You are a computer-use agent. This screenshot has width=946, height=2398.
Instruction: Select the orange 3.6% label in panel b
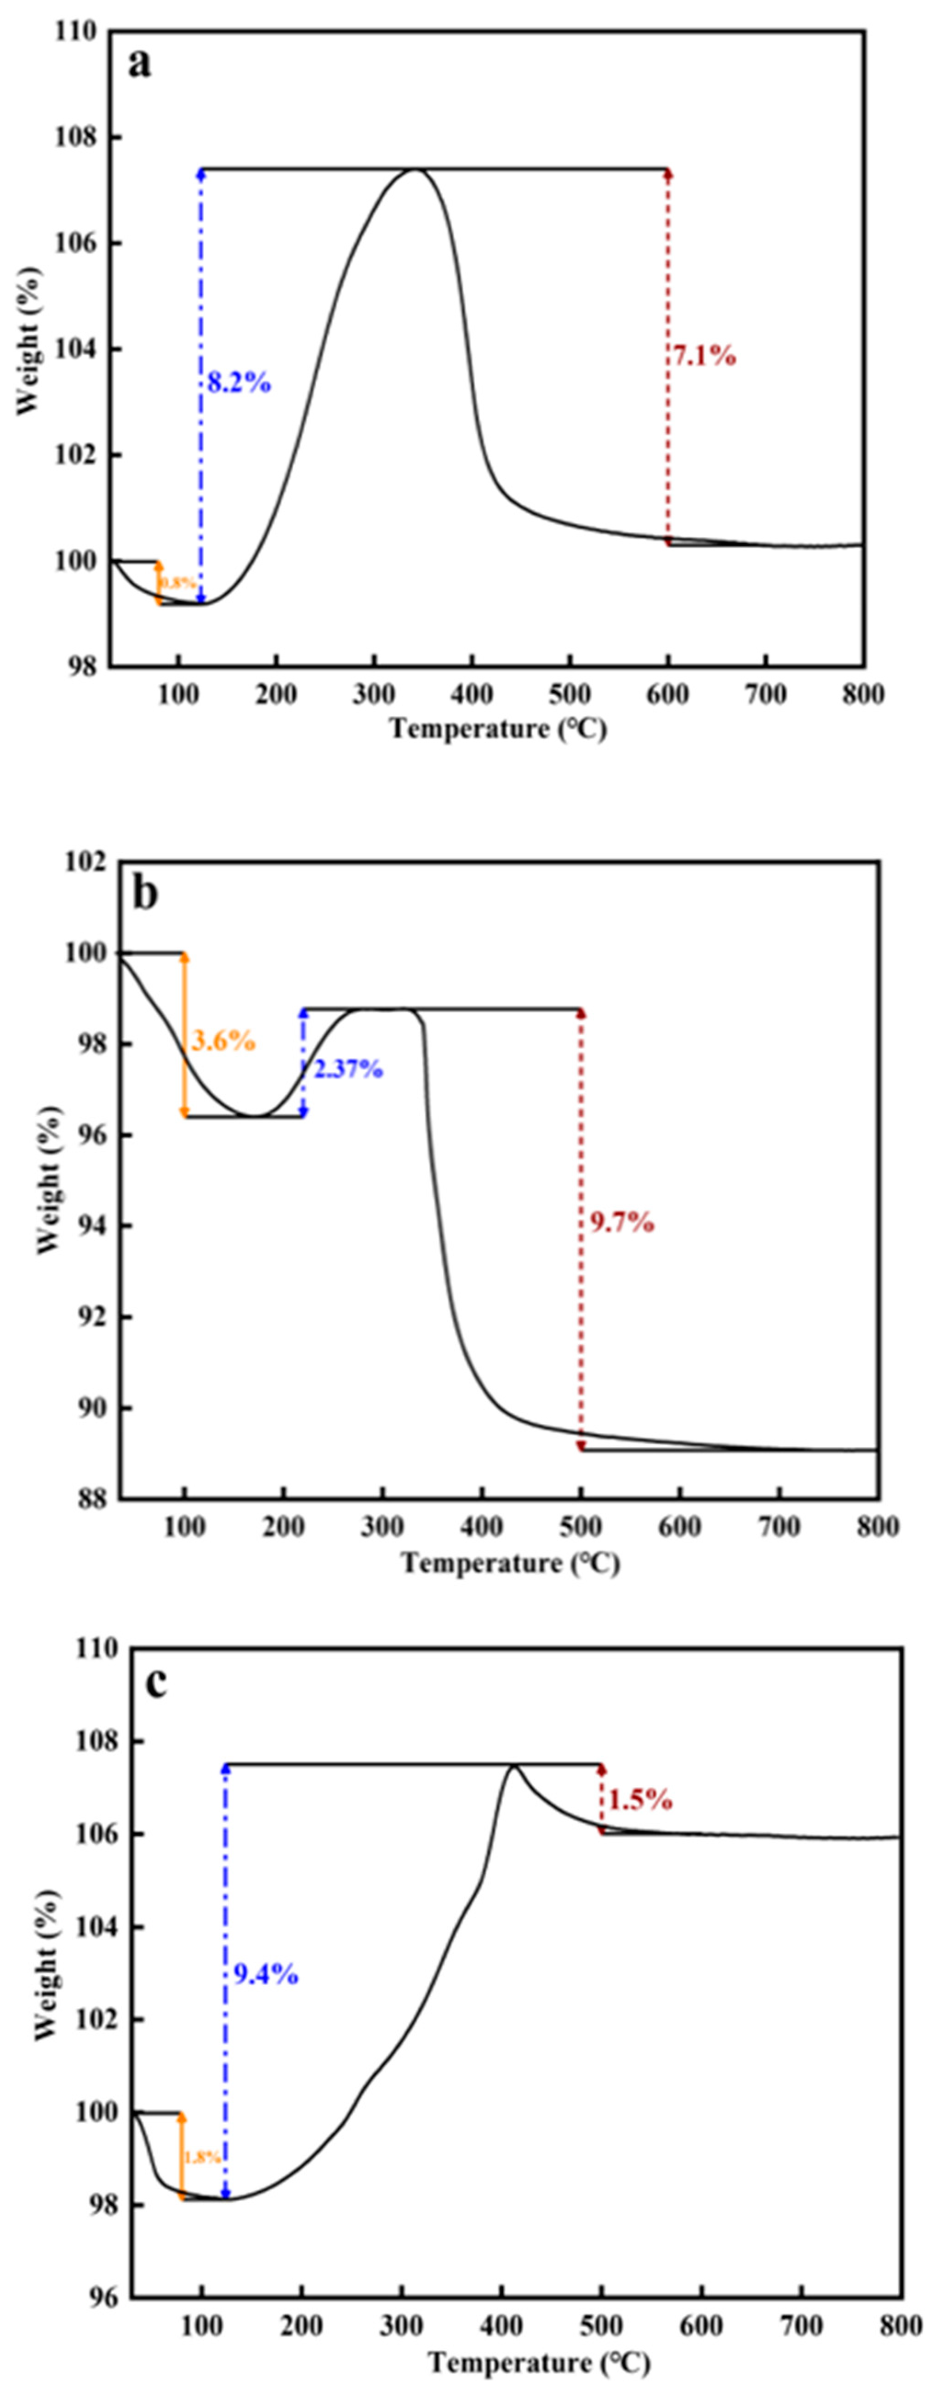click(223, 1040)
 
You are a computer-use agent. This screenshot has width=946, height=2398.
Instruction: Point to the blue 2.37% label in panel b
click(348, 1068)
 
